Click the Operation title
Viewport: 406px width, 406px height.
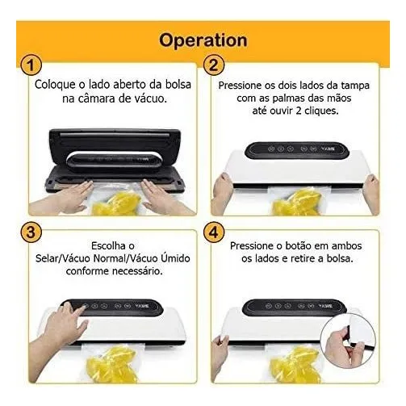point(203,40)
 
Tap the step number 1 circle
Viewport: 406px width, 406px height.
point(31,65)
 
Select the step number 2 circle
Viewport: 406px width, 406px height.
point(214,65)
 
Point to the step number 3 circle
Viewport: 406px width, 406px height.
point(31,232)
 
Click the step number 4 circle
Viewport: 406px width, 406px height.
point(214,232)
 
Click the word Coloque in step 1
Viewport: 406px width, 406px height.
point(55,85)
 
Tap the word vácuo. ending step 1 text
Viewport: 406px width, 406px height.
point(150,98)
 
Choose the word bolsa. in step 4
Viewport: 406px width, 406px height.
point(340,258)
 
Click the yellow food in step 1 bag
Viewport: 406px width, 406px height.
point(116,203)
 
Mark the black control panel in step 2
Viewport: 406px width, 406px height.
point(297,150)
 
